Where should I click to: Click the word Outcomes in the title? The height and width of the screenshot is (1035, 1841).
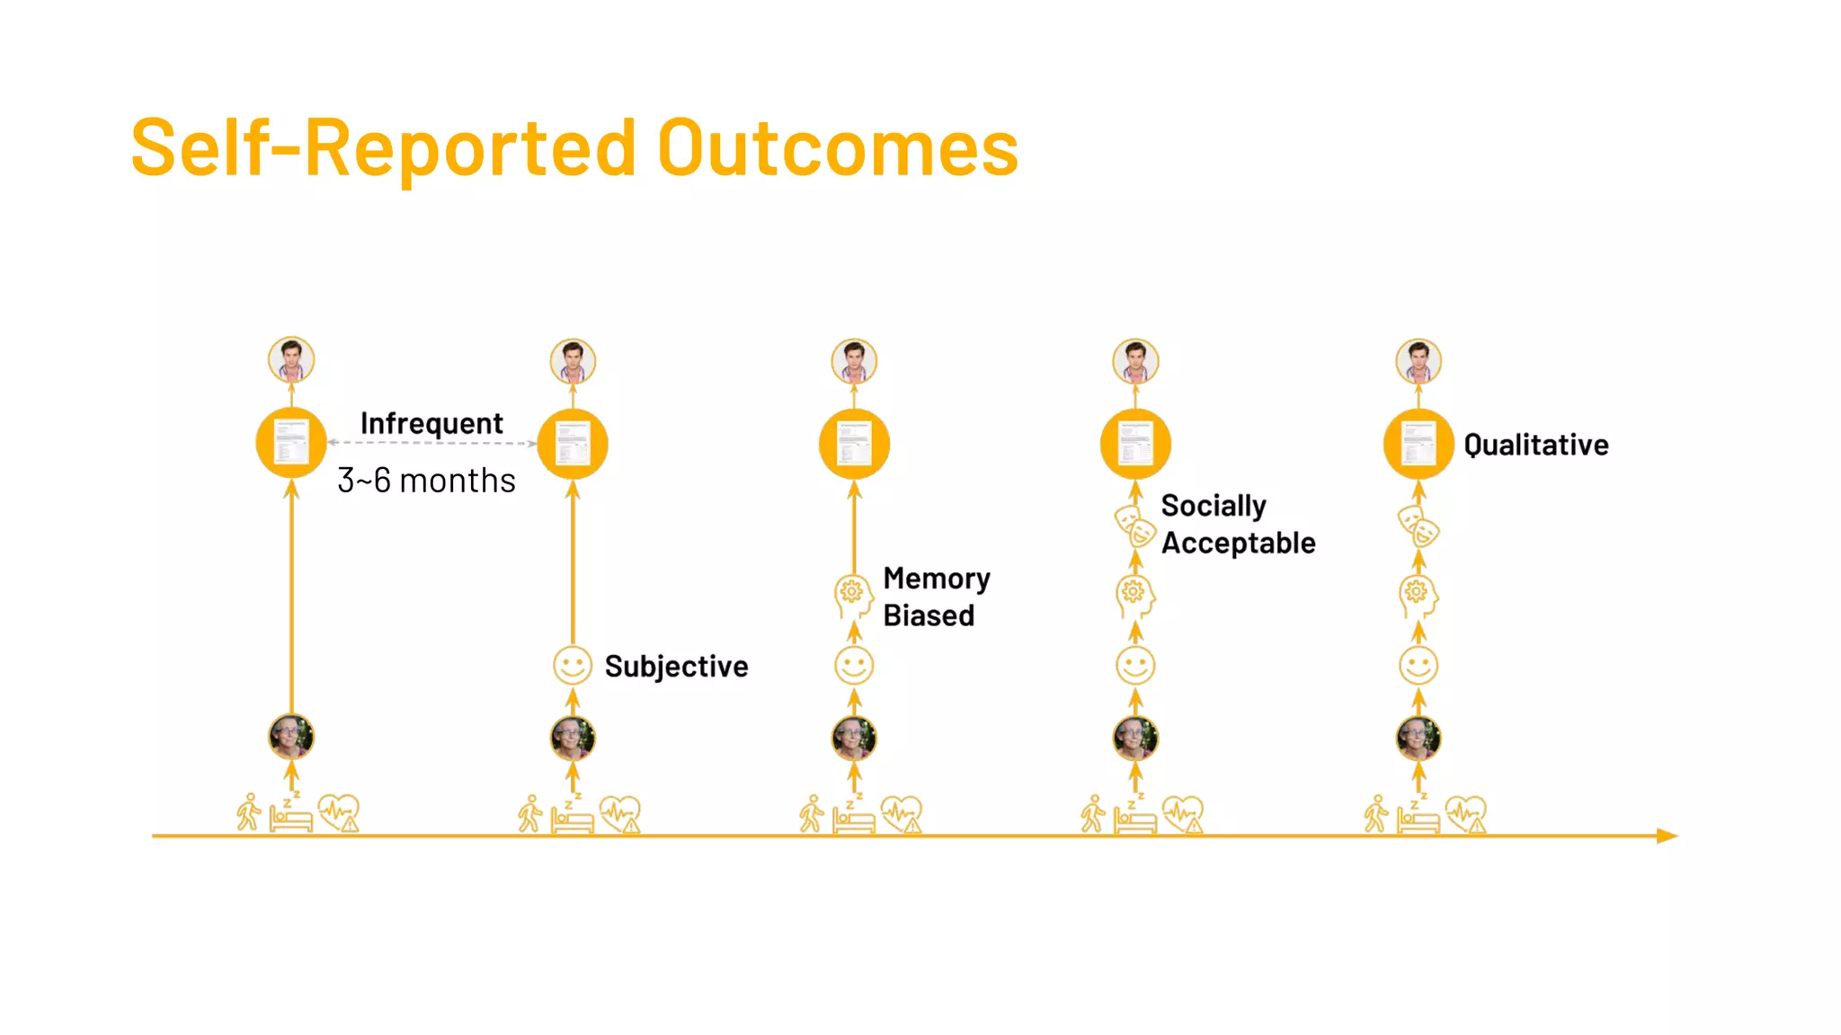point(838,149)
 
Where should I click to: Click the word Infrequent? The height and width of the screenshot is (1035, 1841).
point(431,423)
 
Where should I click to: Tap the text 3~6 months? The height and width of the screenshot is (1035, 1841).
point(426,481)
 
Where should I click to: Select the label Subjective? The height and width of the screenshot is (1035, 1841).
point(676,667)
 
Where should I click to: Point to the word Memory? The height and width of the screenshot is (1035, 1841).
point(937,579)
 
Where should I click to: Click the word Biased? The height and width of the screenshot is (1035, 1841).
point(929,616)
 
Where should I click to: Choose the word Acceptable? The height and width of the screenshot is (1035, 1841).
point(1238,544)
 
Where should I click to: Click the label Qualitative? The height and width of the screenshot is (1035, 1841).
point(1535,445)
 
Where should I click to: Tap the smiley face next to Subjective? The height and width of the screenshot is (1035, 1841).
point(572,666)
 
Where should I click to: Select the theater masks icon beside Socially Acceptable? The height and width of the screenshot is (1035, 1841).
point(1134,526)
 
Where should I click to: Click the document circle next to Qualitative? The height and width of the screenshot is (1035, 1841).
point(1418,444)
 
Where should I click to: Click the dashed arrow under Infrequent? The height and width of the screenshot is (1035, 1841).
point(431,443)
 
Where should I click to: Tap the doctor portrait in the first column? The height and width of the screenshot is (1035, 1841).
point(291,360)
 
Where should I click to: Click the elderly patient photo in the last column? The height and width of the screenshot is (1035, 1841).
point(1418,739)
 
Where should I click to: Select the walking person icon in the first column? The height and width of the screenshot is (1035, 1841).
point(248,812)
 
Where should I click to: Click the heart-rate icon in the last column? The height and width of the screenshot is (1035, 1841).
point(1466,814)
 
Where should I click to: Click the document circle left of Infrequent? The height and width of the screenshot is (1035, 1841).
point(291,443)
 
